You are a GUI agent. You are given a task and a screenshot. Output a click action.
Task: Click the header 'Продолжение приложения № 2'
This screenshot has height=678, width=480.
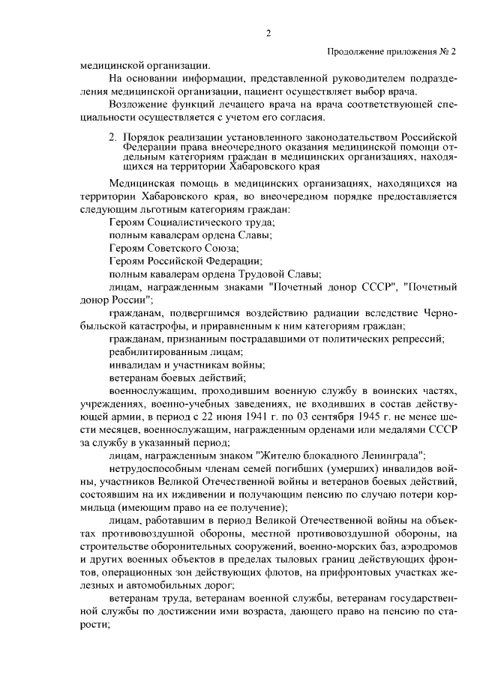tap(391, 52)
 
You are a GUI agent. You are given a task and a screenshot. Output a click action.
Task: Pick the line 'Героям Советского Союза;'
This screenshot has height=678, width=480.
tap(173, 247)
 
